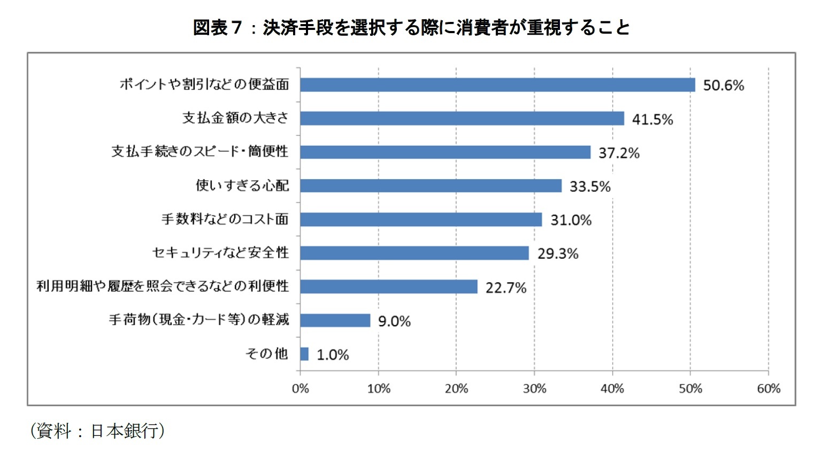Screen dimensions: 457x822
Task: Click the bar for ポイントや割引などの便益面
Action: pos(497,85)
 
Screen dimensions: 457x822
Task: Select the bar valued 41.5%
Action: pos(462,118)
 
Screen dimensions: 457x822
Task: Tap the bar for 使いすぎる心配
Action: pos(431,185)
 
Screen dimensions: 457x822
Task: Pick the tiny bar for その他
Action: pos(304,354)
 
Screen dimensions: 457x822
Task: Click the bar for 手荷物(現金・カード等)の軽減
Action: pos(335,320)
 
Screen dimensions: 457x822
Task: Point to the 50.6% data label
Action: pos(723,86)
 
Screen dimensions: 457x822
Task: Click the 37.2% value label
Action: pos(619,153)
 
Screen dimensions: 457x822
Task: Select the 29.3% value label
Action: pos(558,254)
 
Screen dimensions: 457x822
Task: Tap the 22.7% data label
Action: pos(506,288)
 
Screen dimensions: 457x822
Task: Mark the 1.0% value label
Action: pos(333,355)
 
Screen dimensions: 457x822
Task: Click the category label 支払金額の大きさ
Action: pos(235,118)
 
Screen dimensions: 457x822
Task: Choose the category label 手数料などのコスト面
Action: pos(225,219)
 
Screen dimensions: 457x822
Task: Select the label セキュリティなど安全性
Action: pos(220,252)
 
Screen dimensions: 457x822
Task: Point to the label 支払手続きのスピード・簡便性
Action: pos(199,152)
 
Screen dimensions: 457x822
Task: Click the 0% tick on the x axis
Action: pos(301,389)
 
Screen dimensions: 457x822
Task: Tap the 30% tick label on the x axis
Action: pos(534,389)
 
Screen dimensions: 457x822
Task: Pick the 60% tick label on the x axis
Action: pos(769,389)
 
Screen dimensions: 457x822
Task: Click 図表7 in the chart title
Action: pos(218,27)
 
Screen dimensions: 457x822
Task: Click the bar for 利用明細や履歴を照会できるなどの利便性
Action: pos(389,286)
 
